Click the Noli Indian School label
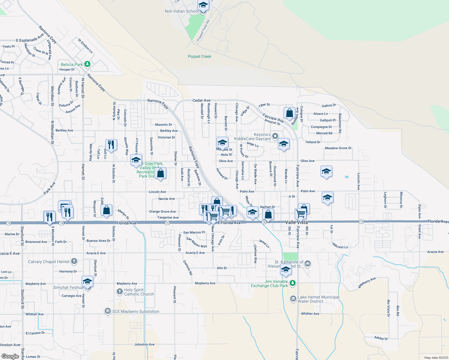click(181, 11)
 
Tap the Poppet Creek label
click(200, 56)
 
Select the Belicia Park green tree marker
click(87, 64)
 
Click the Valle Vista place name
click(296, 222)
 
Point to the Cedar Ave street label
click(201, 100)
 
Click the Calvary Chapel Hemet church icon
click(74, 261)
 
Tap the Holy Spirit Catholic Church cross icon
click(120, 291)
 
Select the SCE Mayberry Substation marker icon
click(107, 311)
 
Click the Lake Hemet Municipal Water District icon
click(293, 299)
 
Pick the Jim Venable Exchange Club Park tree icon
click(293, 283)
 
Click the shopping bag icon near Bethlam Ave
click(289, 113)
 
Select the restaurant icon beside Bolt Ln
click(111, 145)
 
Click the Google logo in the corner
click(10, 356)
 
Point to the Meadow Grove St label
click(338, 148)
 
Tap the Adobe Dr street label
click(381, 338)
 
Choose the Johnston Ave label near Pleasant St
click(144, 344)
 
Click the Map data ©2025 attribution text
click(436, 358)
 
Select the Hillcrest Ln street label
click(340, 246)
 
